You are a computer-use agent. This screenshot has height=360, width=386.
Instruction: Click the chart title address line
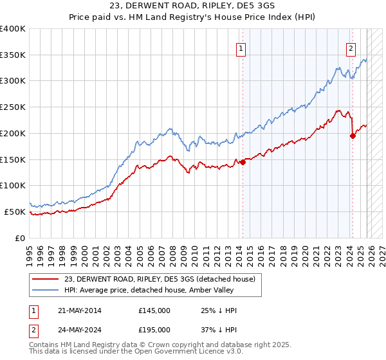[193, 5]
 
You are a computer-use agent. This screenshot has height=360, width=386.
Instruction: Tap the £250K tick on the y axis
[13, 107]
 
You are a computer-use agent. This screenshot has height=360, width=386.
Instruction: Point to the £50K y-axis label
[15, 212]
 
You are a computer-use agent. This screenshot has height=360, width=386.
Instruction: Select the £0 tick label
[20, 238]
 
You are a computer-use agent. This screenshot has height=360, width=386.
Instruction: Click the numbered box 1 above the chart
[241, 48]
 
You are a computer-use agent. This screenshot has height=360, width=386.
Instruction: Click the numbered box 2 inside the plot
[351, 48]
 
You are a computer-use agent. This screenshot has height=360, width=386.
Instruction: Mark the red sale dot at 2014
[243, 163]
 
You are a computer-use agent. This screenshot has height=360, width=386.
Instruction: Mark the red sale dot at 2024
[353, 136]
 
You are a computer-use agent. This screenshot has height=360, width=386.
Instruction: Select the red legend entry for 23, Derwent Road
[160, 279]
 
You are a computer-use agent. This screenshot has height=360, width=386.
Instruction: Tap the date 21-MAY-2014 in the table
[78, 310]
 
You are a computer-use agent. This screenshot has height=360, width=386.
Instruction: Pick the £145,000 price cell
[154, 310]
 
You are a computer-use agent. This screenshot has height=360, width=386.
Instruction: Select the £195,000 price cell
[154, 329]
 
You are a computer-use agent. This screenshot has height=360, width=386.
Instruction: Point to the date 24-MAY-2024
[78, 329]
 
